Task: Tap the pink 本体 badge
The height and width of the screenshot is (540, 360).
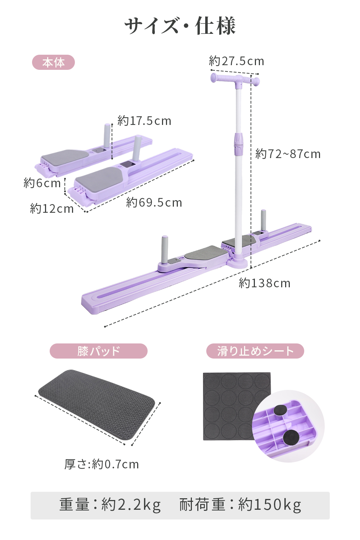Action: (54, 62)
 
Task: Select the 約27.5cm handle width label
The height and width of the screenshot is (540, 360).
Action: (237, 61)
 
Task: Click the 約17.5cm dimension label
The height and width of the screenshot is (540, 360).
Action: (144, 121)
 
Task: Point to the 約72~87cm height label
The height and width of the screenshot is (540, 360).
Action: (288, 154)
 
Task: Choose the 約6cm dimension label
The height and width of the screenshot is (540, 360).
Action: (42, 183)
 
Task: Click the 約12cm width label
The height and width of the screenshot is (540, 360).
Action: (52, 208)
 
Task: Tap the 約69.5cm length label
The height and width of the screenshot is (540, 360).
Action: (154, 202)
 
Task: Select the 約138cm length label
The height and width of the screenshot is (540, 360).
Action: (265, 283)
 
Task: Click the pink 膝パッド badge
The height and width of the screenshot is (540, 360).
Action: (99, 351)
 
